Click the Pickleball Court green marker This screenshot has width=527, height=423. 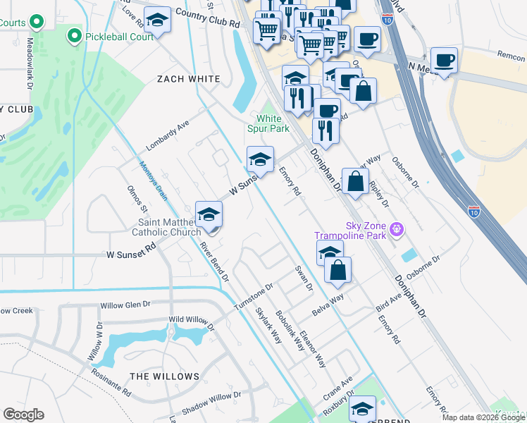click(73, 36)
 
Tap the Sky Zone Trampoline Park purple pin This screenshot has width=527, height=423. click(398, 229)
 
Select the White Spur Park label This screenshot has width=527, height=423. click(268, 123)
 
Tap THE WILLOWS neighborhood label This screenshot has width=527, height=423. click(165, 376)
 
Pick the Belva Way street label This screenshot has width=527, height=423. click(328, 305)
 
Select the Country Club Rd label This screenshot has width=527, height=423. click(208, 18)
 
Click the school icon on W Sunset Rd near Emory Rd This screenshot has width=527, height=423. click(260, 160)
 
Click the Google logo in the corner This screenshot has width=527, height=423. click(23, 414)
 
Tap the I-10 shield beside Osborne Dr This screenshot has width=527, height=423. click(475, 210)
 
